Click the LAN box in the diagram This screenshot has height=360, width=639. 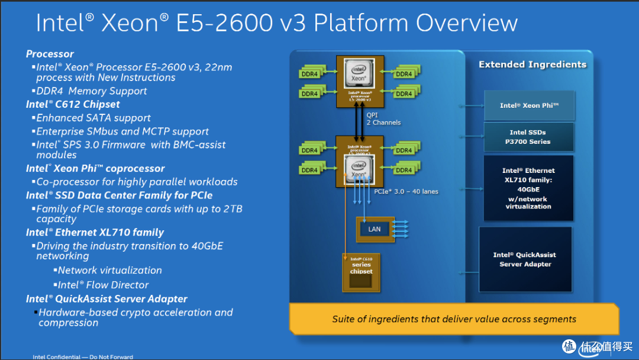point(375,229)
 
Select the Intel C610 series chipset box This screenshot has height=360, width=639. point(362,272)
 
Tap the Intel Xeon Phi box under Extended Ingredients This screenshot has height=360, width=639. point(529,105)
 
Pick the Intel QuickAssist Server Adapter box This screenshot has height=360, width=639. point(525,259)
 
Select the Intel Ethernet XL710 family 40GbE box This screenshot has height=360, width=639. point(528,188)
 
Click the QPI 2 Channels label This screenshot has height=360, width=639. point(383,119)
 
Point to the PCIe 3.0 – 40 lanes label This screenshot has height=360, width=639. point(406,191)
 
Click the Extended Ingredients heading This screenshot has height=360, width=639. point(532,65)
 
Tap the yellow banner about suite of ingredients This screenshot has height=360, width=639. point(453,319)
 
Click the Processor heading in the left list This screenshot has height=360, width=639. point(50,54)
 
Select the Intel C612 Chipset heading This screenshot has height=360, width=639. point(73,104)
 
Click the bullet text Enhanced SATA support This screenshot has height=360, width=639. point(93,118)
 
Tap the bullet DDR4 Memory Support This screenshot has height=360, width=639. point(92,91)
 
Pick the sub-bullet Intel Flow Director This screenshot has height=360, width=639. point(103,285)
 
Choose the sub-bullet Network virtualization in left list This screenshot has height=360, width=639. point(109,270)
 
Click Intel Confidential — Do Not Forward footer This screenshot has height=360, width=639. point(83,357)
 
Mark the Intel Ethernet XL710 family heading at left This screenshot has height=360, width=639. point(95,233)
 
